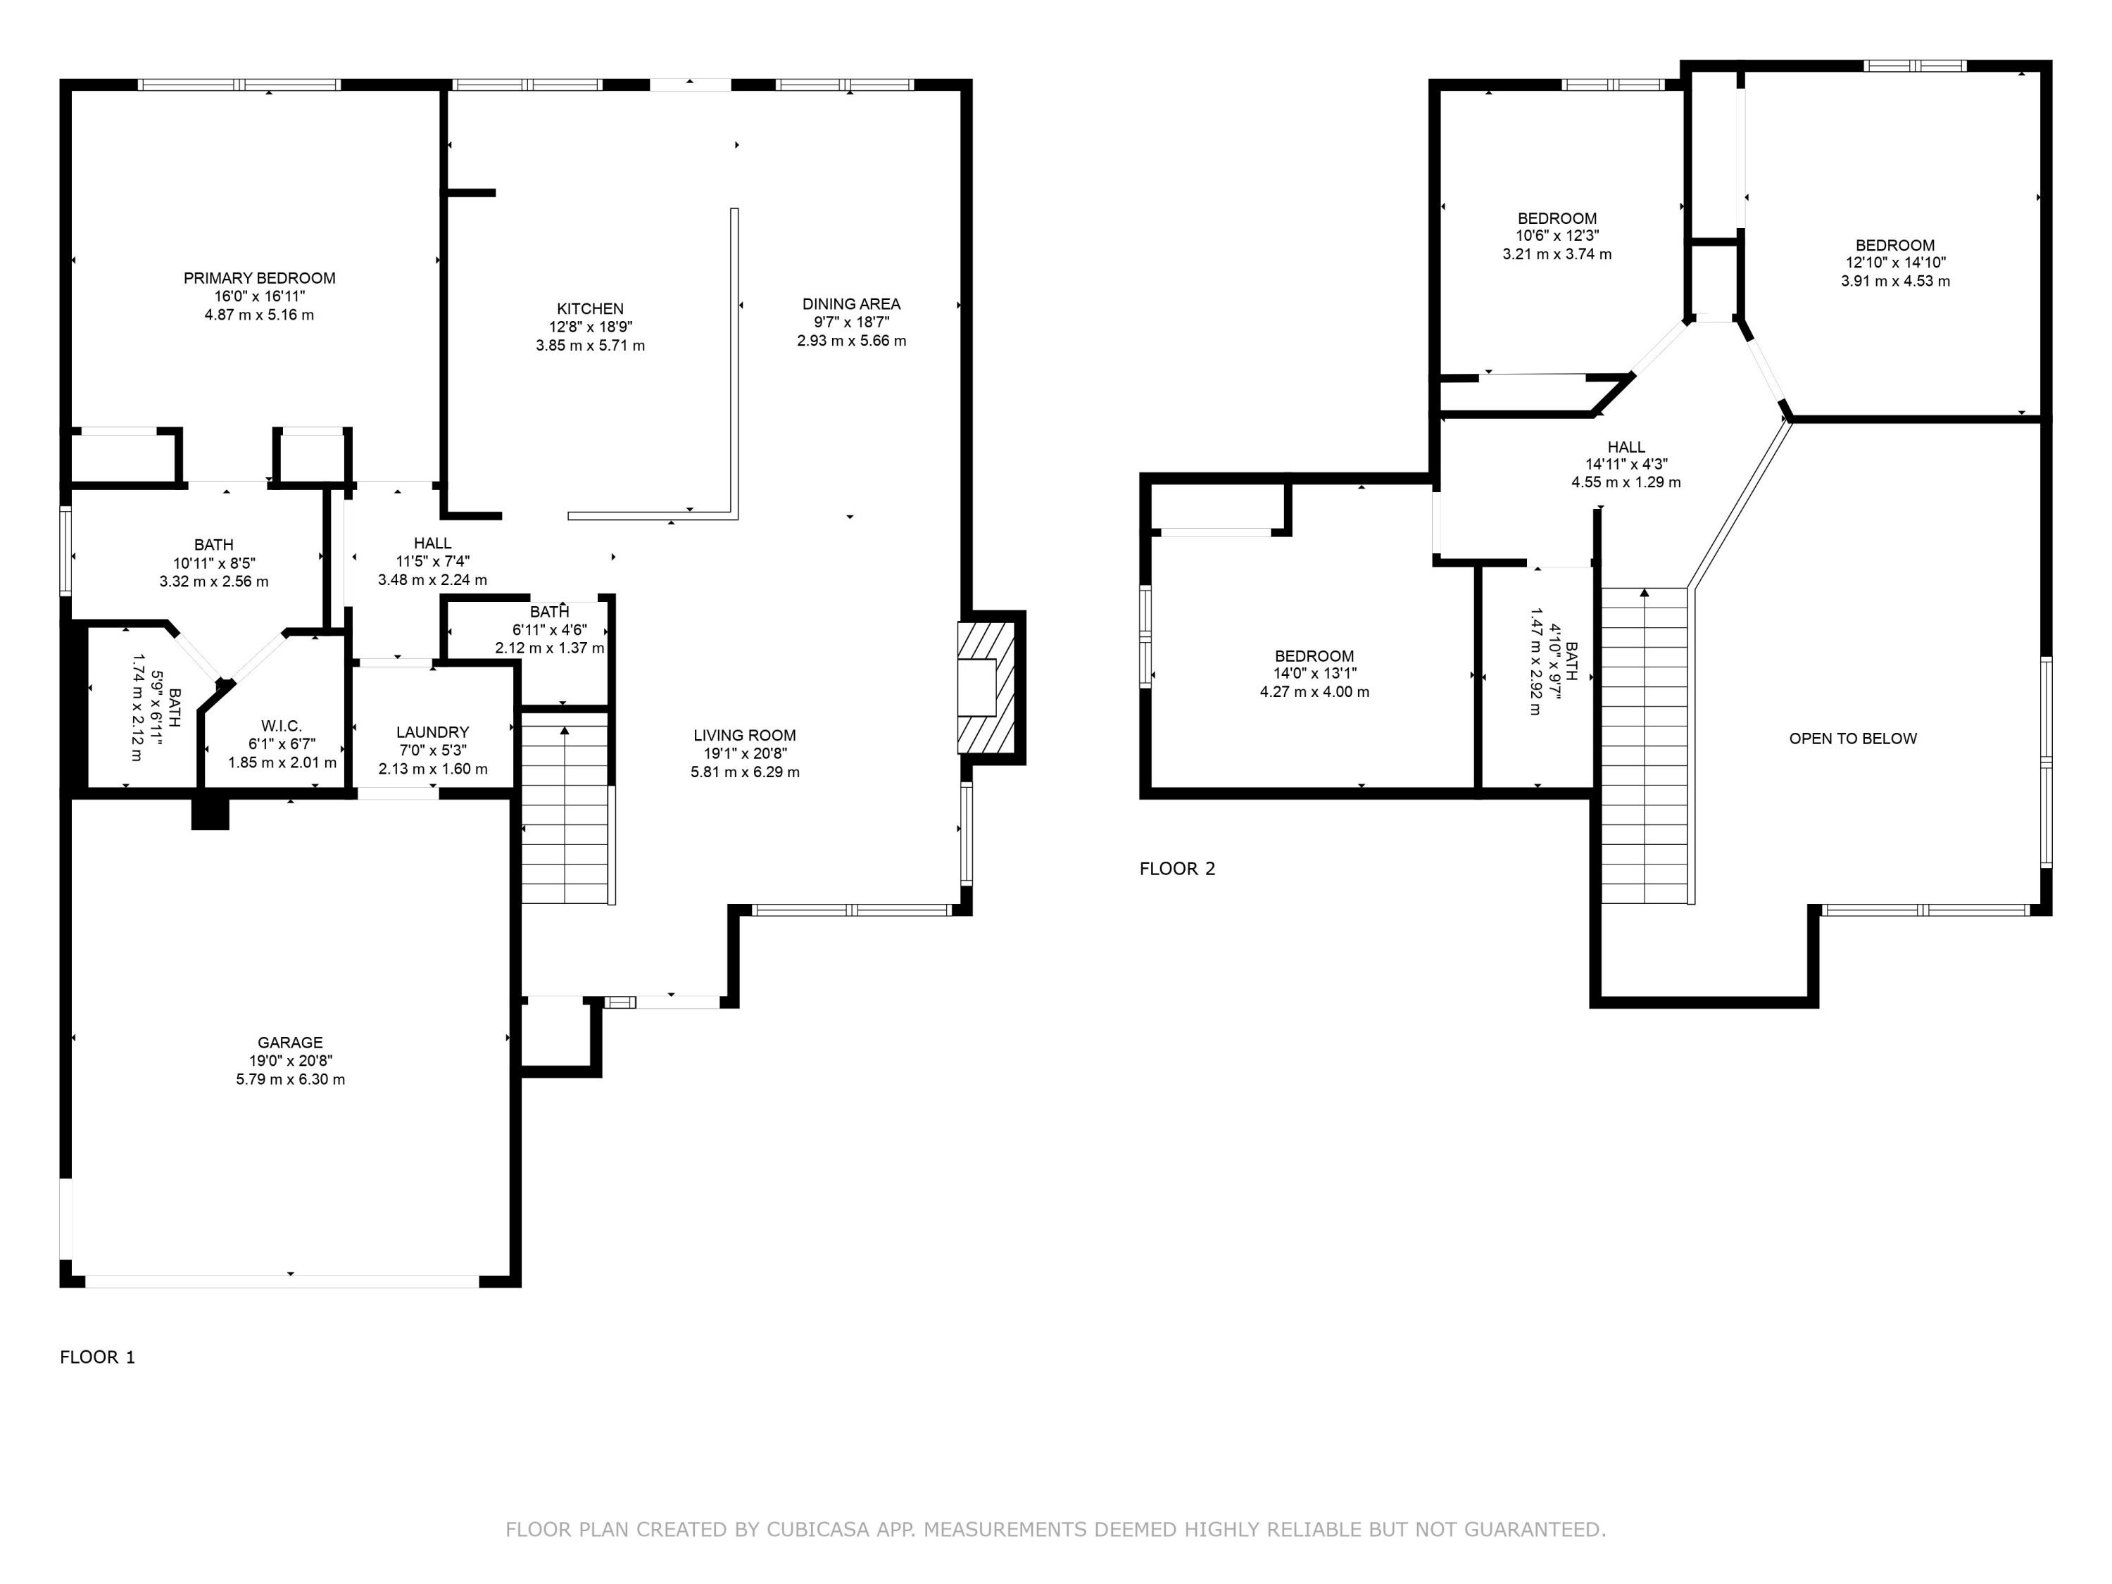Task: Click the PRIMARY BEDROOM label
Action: tap(259, 278)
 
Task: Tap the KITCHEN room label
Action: tap(590, 308)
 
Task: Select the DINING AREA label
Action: tap(850, 303)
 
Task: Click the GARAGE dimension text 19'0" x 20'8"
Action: tap(290, 1061)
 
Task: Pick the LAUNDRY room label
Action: tap(432, 732)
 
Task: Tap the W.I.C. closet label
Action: tap(282, 727)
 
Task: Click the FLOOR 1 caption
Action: tap(97, 1357)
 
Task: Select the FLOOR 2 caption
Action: tap(1177, 868)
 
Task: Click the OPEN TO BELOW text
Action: tap(1852, 738)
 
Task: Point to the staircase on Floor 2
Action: tap(1643, 745)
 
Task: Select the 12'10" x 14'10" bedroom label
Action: tap(1894, 263)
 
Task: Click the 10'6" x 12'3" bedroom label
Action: tap(1557, 236)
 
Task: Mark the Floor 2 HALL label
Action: tap(1626, 447)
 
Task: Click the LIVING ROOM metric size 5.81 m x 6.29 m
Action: tap(745, 772)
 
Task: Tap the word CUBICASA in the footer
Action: tap(817, 1530)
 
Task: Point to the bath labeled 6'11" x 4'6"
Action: tap(549, 629)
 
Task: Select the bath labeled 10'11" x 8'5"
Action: tap(214, 562)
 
